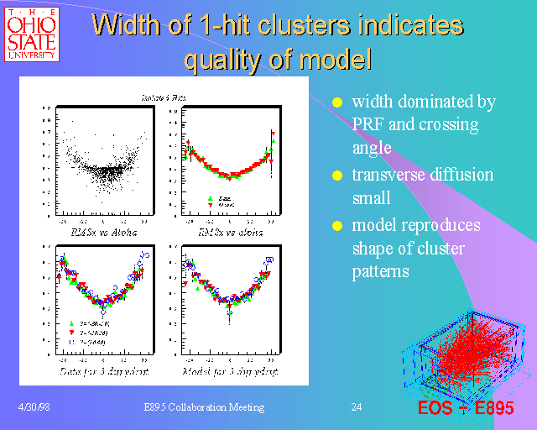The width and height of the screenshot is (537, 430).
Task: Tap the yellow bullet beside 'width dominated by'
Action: (x=337, y=102)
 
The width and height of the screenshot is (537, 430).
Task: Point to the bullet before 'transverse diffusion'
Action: (x=337, y=176)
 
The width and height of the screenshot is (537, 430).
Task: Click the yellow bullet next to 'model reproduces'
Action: (x=337, y=226)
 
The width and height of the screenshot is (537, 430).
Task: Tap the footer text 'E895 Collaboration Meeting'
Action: (x=204, y=407)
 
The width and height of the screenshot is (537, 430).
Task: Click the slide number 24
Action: (x=357, y=407)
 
